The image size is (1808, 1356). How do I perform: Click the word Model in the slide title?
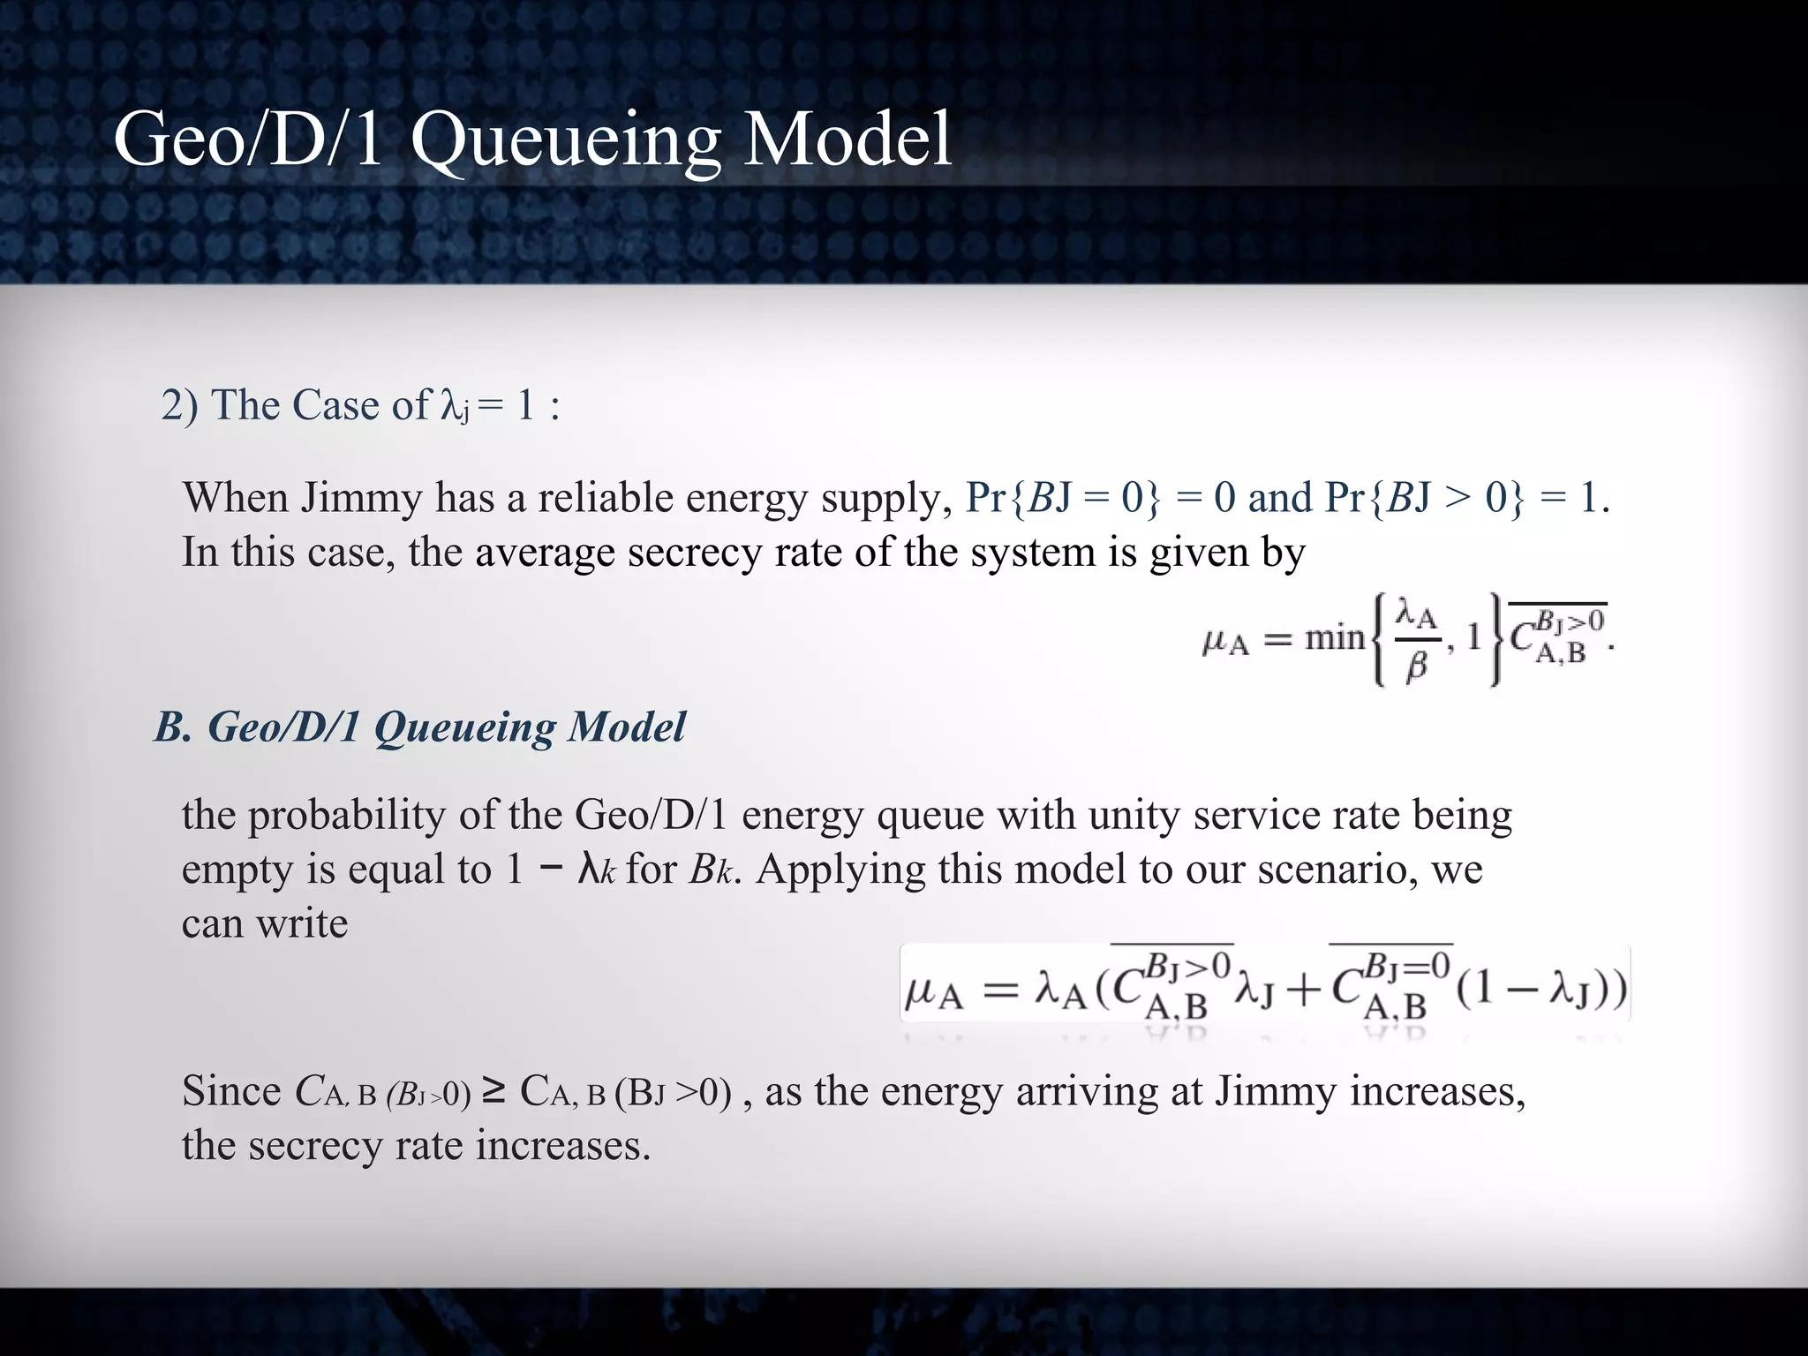847,139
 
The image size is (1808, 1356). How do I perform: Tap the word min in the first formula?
1335,637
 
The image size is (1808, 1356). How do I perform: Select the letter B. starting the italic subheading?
173,727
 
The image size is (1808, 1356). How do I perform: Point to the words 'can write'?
265,923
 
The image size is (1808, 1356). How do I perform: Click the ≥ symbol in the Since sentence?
494,1091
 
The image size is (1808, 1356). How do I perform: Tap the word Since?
231,1091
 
